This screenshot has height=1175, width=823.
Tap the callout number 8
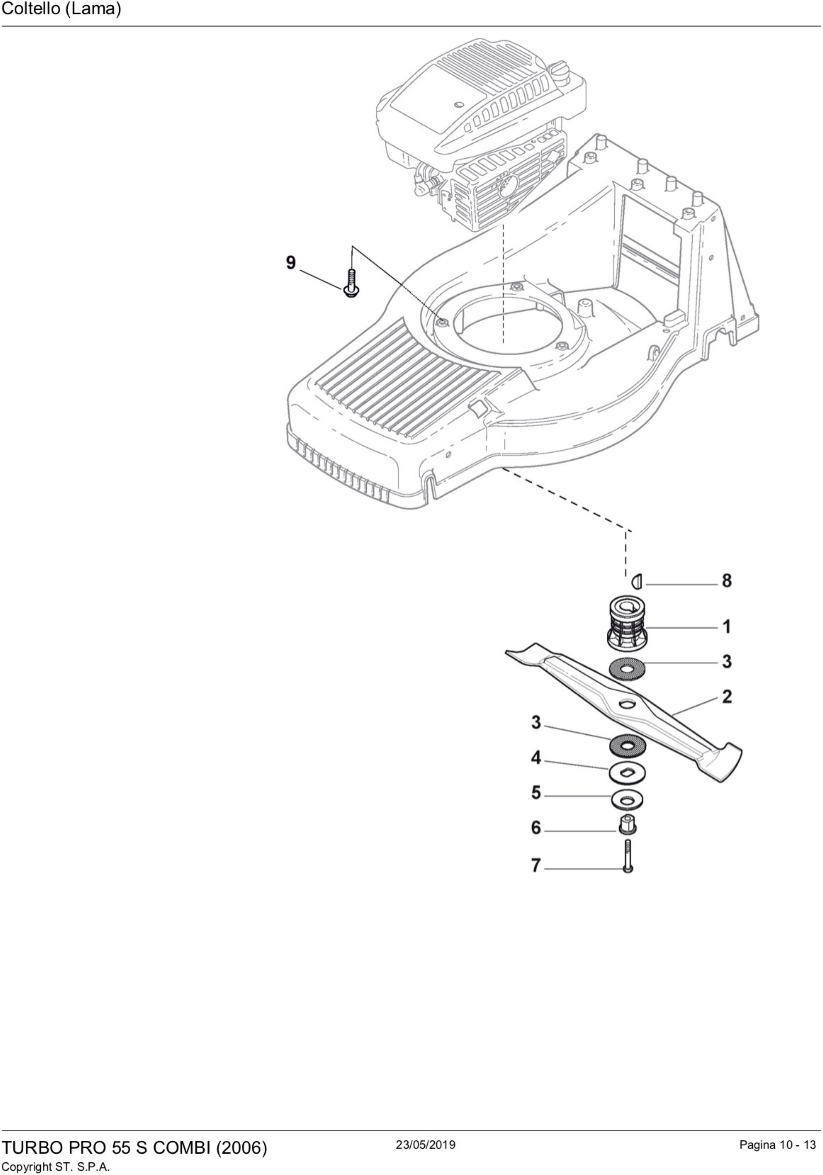tap(726, 581)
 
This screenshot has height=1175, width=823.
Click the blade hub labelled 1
tap(627, 623)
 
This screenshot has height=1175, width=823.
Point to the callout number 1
tap(726, 627)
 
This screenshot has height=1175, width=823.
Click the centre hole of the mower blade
tap(625, 705)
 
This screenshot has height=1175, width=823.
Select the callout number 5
tap(535, 793)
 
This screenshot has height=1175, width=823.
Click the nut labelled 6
tap(627, 825)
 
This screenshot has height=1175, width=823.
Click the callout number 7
tap(535, 865)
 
